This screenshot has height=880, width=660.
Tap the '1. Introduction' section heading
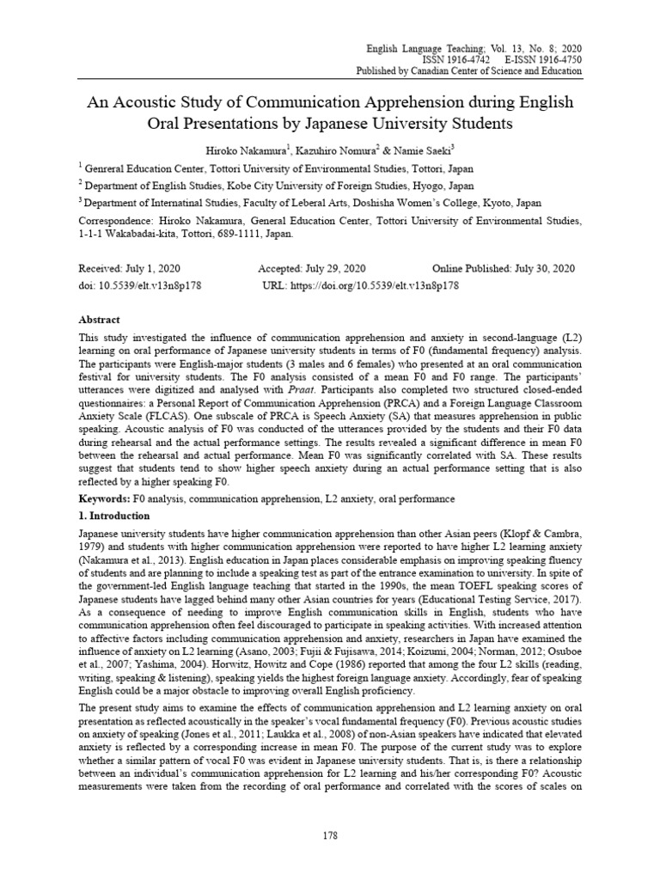tap(113, 516)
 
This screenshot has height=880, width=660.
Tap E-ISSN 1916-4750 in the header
tap(540, 59)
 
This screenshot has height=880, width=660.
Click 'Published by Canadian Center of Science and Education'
tap(467, 71)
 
